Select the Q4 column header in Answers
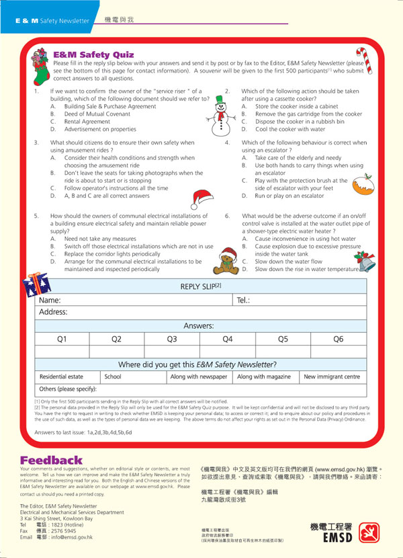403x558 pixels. (x=228, y=339)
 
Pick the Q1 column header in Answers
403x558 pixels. (x=62, y=339)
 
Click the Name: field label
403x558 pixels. (x=50, y=300)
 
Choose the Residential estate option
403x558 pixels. (x=61, y=377)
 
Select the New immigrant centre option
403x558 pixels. (x=332, y=377)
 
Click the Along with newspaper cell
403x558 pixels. (x=199, y=377)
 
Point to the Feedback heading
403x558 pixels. (x=51, y=461)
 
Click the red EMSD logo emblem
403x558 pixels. (x=369, y=533)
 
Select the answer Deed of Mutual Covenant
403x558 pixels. (x=97, y=114)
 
